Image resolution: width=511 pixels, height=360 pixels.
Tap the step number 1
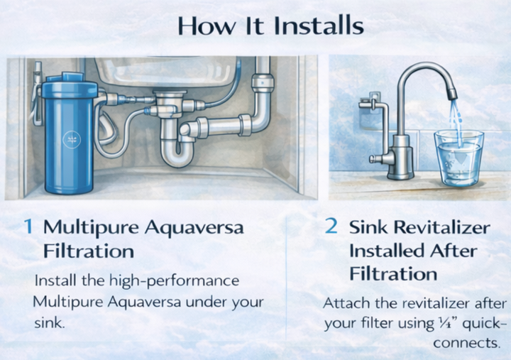pos(28,227)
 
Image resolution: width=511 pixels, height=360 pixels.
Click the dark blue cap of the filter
pos(70,89)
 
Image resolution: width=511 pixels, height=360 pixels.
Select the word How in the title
pos(202,26)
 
